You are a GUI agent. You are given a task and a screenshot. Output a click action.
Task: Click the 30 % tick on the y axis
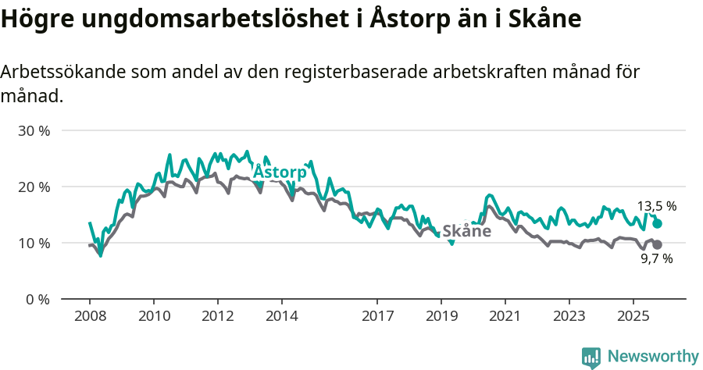coord(34,130)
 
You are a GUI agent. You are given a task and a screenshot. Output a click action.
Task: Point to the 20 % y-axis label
coord(34,187)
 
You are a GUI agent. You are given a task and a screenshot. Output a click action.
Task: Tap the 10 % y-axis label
coord(34,243)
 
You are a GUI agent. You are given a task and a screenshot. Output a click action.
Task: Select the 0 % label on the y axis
coord(37,299)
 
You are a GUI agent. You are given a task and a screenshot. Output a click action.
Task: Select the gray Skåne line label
coord(466,231)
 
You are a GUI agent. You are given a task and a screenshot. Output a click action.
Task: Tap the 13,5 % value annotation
coord(657,207)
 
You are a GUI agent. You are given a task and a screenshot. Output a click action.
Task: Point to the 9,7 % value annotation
coord(656,259)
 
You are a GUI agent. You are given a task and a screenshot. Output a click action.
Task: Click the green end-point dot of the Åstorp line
coord(658,223)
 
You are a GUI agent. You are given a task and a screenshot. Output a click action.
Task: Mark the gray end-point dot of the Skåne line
coord(658,245)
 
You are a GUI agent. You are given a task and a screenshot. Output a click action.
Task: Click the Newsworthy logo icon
coord(591,357)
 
